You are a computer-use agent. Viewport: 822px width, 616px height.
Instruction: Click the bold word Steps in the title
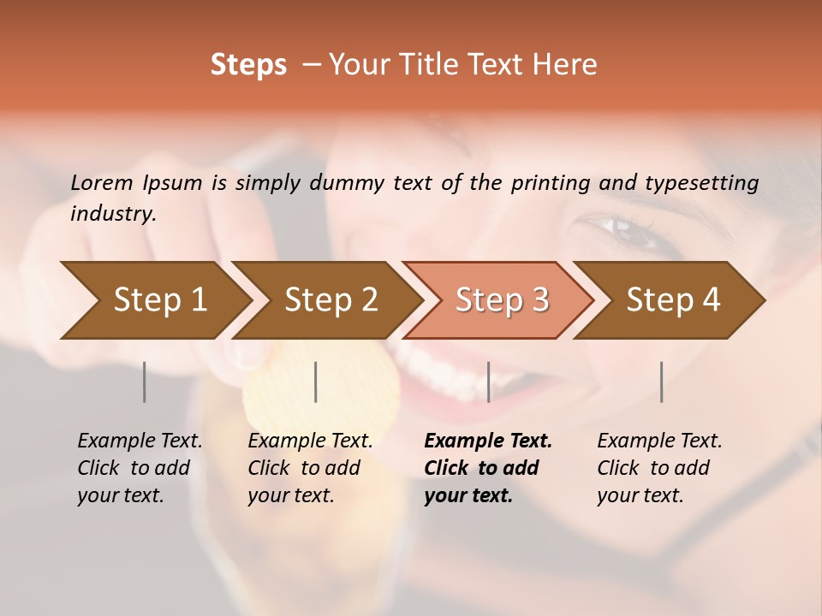pos(248,65)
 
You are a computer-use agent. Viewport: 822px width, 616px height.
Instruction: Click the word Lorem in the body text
pos(102,182)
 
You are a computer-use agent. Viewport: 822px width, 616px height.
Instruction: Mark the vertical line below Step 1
pos(145,382)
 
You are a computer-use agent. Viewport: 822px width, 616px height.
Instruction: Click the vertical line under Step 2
pos(316,382)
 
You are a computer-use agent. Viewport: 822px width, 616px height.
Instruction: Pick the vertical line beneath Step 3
pos(489,382)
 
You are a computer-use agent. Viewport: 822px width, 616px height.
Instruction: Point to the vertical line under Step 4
pos(662,382)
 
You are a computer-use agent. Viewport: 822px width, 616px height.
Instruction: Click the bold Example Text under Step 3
pos(488,441)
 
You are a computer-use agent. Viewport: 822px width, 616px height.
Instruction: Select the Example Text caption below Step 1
pos(140,441)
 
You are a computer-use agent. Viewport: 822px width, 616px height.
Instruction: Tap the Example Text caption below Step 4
pos(659,441)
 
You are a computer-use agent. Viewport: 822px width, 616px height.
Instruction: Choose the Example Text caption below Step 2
pos(310,441)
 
